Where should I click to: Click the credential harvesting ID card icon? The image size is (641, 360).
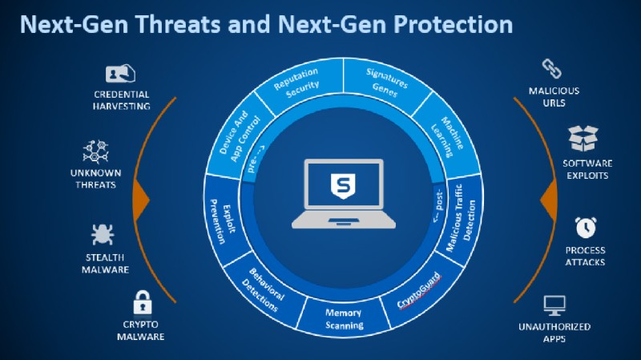[120, 74]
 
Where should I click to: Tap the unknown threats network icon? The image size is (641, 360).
[95, 152]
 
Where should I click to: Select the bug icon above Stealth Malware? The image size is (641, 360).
[103, 235]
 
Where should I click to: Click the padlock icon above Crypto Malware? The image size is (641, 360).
[143, 302]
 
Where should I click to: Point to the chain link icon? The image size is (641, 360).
[551, 69]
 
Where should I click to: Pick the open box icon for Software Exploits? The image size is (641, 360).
[583, 138]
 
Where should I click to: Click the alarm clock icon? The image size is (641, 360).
[586, 227]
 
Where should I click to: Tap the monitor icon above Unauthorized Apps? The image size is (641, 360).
[554, 305]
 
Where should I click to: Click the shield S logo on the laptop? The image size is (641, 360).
[343, 186]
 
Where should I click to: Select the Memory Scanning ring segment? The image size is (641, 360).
[344, 318]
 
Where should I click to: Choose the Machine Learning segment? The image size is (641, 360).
[448, 136]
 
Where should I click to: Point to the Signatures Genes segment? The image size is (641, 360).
[386, 83]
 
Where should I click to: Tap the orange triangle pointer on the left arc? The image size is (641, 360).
[142, 200]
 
